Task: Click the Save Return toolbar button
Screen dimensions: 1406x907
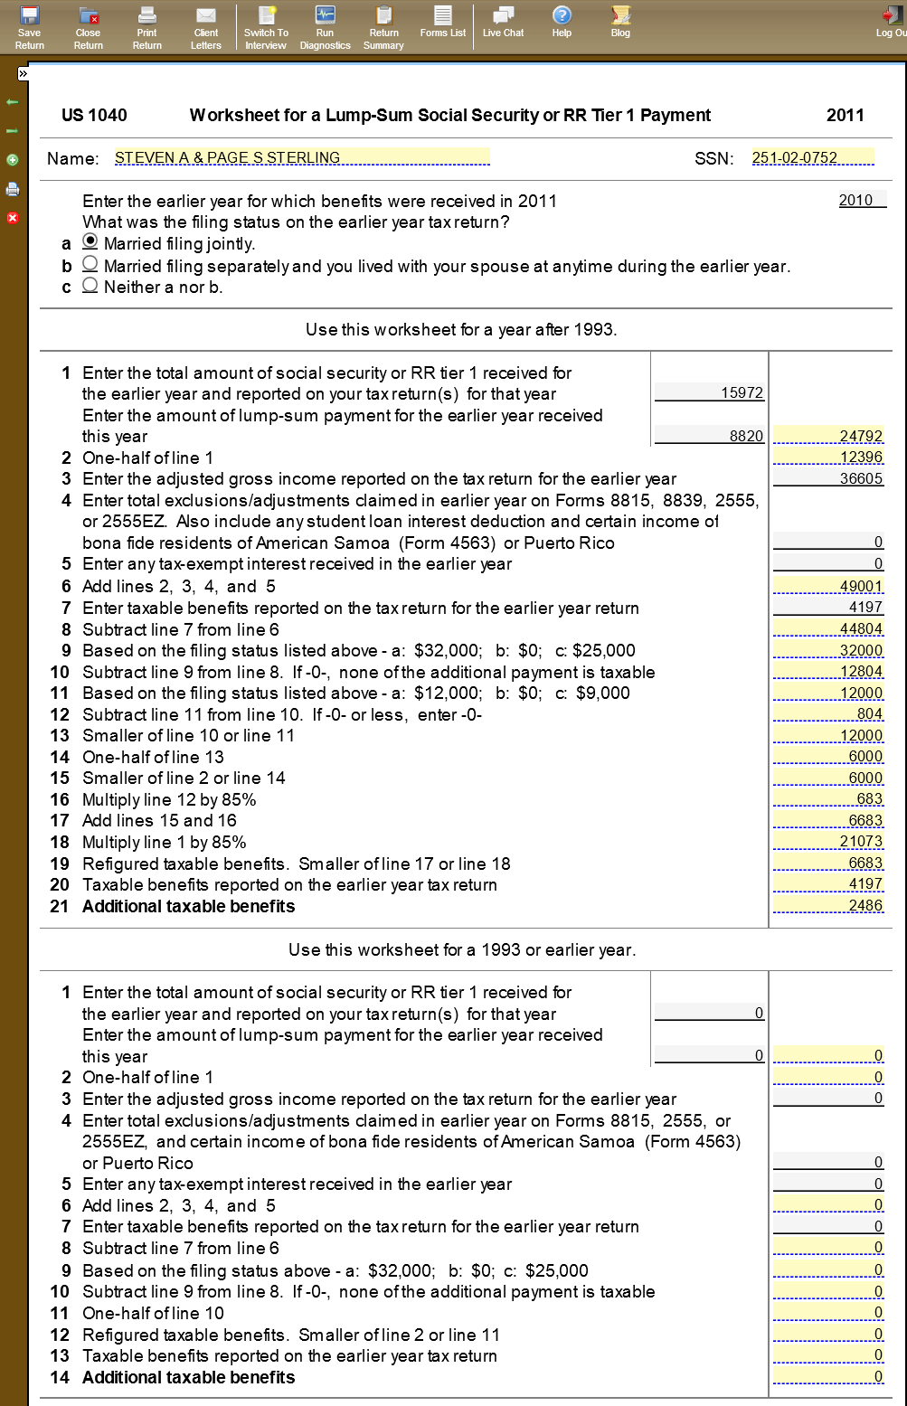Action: click(x=30, y=27)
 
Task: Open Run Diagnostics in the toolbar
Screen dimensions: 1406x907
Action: click(x=325, y=27)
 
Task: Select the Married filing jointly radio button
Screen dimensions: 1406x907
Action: click(x=90, y=241)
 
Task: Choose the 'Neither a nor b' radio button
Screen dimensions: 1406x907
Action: click(x=90, y=285)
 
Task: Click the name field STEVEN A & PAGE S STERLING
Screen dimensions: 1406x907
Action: click(x=302, y=158)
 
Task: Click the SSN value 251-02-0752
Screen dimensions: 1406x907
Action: click(x=813, y=158)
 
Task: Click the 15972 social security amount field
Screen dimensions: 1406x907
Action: click(x=710, y=392)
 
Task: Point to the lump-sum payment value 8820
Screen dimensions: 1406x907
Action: click(x=710, y=436)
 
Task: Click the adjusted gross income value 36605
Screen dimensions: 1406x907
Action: click(x=828, y=478)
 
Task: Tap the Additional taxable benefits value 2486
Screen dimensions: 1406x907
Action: click(x=828, y=905)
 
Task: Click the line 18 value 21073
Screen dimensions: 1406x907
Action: click(x=828, y=842)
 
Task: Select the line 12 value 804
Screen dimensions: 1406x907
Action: click(x=828, y=713)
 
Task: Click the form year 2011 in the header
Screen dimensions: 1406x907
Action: click(x=845, y=115)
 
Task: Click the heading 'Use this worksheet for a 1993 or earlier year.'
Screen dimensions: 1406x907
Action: click(x=462, y=949)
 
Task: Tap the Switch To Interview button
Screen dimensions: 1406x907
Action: click(x=266, y=27)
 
